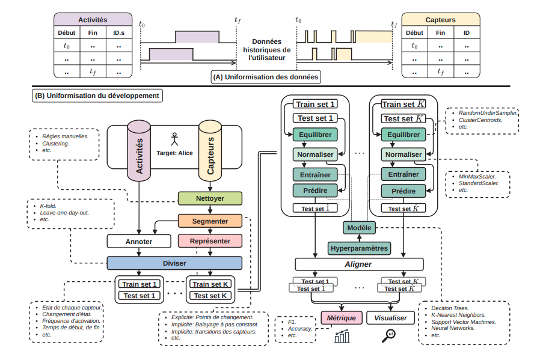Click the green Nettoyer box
(210, 198)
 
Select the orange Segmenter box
(210, 221)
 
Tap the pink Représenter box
(210, 242)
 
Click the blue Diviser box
(174, 263)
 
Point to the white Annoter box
(138, 242)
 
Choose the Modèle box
(359, 228)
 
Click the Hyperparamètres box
(359, 248)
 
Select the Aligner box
(359, 264)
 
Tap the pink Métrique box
(341, 318)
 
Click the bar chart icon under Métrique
(342, 337)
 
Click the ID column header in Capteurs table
(466, 32)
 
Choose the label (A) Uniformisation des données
(265, 77)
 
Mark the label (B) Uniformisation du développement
(97, 95)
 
